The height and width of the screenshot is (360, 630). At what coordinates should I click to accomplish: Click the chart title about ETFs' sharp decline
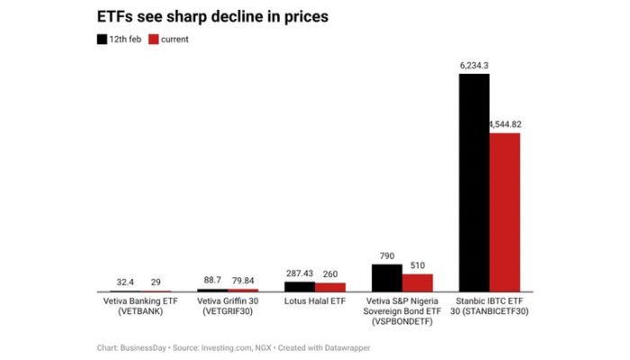click(x=211, y=17)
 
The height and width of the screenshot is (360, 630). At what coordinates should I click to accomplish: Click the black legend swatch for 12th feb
click(x=102, y=40)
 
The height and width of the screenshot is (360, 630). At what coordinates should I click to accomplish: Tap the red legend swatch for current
click(x=153, y=40)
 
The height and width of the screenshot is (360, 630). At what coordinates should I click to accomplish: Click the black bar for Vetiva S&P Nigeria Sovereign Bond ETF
click(x=387, y=277)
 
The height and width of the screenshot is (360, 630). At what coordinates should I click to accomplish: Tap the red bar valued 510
click(x=418, y=283)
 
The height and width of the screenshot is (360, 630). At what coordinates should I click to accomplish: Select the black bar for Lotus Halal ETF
click(x=300, y=286)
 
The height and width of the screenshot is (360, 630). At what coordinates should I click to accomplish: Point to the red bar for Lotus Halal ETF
click(x=330, y=287)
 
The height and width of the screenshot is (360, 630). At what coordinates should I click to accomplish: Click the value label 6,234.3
click(x=474, y=65)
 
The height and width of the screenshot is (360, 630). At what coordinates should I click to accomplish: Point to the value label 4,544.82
click(x=506, y=123)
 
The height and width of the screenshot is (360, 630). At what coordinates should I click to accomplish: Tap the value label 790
click(x=387, y=256)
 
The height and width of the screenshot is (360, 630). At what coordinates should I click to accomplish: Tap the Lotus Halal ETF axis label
click(x=314, y=299)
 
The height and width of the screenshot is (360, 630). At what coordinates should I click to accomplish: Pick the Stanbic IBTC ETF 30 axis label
click(x=490, y=304)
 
